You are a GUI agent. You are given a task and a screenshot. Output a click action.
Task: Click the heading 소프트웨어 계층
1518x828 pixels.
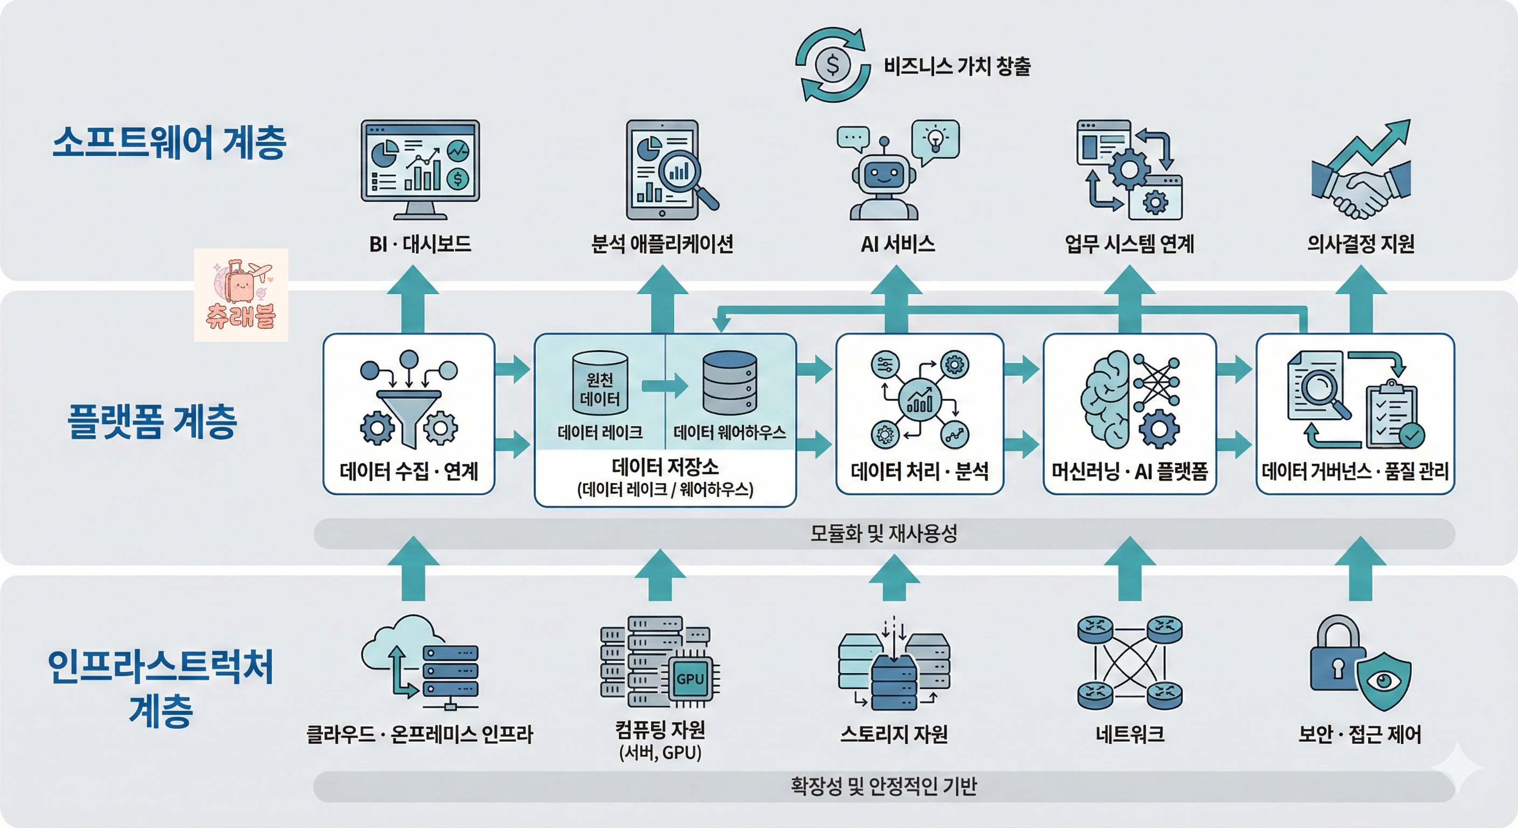coord(169,143)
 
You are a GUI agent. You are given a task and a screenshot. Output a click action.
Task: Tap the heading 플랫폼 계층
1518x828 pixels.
coord(153,422)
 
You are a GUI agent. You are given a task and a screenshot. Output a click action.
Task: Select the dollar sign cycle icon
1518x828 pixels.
coord(832,65)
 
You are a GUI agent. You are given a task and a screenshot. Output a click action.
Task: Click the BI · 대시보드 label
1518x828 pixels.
coord(420,244)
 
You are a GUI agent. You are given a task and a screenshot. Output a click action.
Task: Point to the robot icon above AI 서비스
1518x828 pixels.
coord(884,179)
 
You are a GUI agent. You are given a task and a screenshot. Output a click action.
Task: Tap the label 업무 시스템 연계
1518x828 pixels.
coord(1129,244)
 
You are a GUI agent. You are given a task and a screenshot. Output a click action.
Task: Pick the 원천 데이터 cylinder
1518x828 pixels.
coord(600,383)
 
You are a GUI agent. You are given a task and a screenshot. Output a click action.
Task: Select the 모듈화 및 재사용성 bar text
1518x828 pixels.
coord(884,534)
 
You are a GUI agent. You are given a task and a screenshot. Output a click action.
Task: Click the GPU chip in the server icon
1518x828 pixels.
coord(690,679)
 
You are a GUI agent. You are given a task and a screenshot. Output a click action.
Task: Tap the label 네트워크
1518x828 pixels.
coord(1130,734)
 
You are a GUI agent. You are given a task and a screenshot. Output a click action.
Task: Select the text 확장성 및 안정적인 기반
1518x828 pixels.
coord(884,786)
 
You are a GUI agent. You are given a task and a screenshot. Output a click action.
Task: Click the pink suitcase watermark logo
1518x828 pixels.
coord(241,295)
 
